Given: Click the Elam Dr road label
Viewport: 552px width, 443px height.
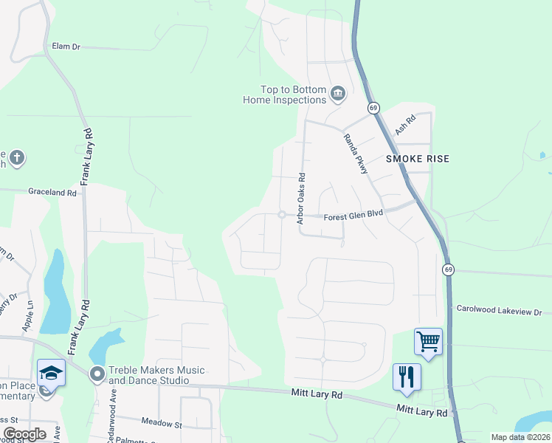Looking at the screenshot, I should pyautogui.click(x=66, y=47).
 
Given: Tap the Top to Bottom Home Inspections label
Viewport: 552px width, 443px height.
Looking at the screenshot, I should pyautogui.click(x=284, y=95).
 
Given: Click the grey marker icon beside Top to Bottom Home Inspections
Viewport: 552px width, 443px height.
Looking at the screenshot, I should pyautogui.click(x=338, y=92).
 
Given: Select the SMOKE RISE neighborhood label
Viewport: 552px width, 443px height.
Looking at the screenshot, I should pyautogui.click(x=418, y=159).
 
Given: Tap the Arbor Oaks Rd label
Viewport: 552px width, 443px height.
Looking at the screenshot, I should pyautogui.click(x=301, y=199).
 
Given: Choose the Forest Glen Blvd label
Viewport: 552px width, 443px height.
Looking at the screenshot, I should pyautogui.click(x=354, y=217).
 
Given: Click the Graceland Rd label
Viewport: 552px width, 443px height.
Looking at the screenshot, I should pyautogui.click(x=52, y=192).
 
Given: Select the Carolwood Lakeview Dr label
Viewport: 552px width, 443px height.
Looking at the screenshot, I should pyautogui.click(x=499, y=312).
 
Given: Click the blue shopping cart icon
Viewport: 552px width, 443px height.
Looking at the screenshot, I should pyautogui.click(x=428, y=341).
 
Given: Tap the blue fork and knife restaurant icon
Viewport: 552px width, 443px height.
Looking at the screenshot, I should pyautogui.click(x=407, y=377).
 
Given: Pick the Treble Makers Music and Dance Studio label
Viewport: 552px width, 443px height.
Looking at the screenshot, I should pyautogui.click(x=156, y=375).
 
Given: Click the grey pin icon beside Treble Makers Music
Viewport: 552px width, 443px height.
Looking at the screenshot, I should pyautogui.click(x=97, y=374).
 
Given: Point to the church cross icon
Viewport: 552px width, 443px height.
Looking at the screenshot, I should pyautogui.click(x=17, y=157).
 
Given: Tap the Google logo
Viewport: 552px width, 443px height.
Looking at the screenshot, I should pyautogui.click(x=24, y=434).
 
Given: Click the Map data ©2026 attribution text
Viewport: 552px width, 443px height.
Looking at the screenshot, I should pyautogui.click(x=520, y=437).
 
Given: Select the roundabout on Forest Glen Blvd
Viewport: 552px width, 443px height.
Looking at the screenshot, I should pyautogui.click(x=281, y=215).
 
